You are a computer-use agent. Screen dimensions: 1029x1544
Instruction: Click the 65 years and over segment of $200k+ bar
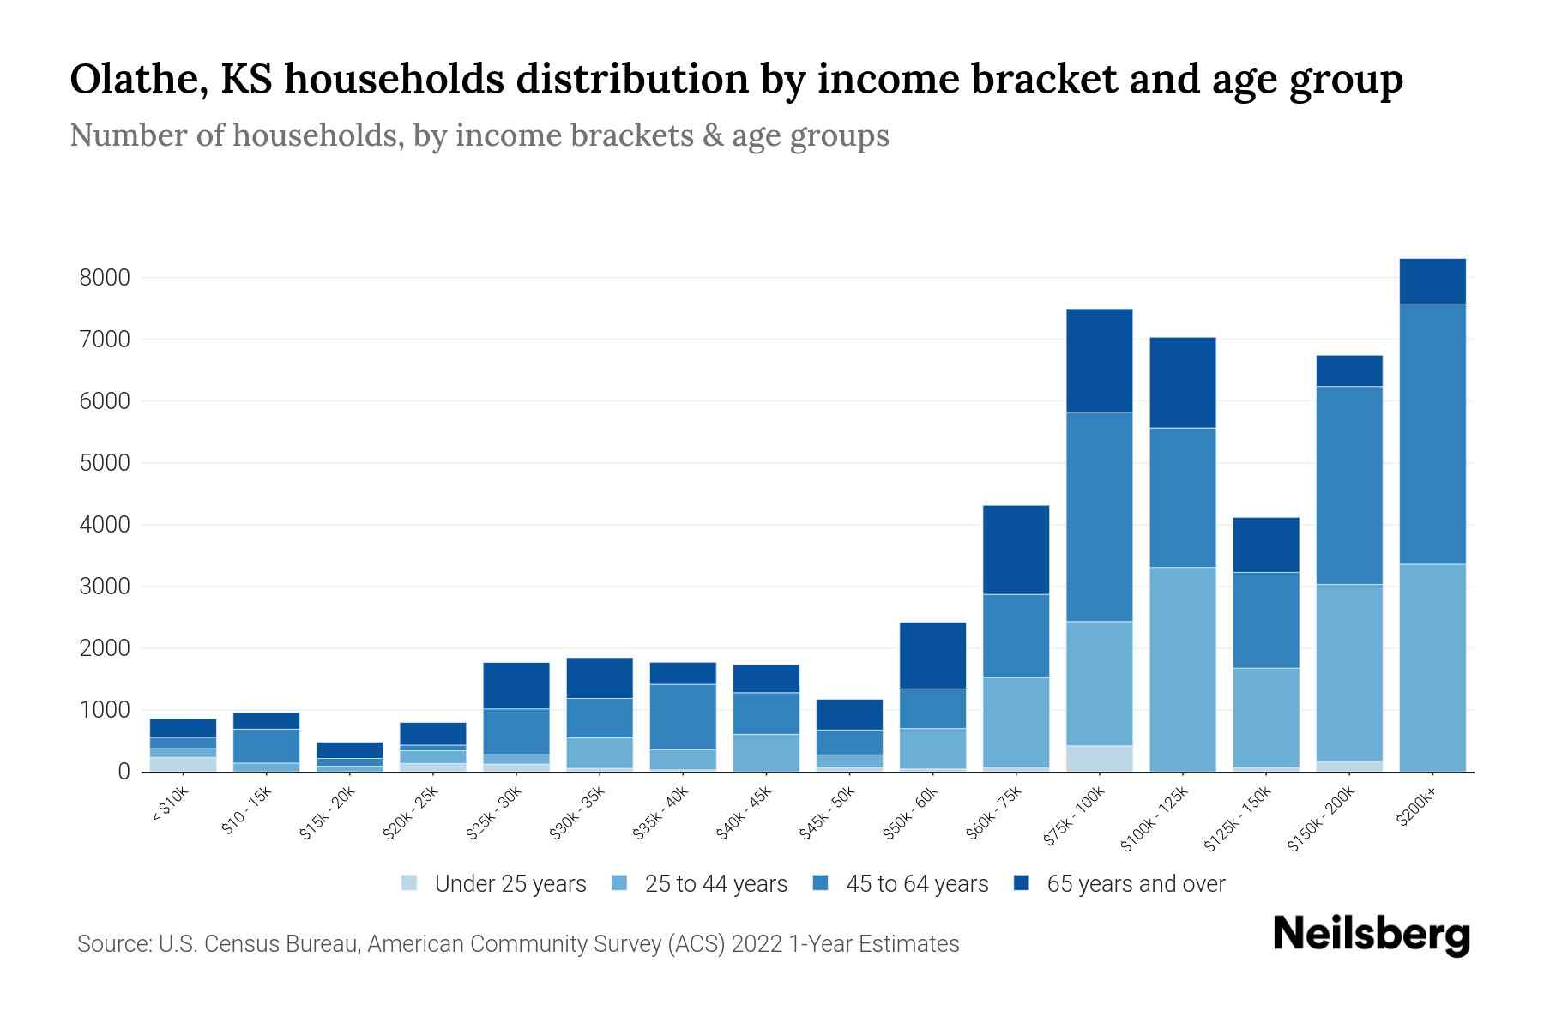click(1432, 281)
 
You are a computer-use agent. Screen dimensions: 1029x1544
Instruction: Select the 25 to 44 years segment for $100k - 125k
click(1182, 669)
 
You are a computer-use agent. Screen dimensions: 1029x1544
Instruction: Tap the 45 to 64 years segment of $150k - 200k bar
click(1349, 485)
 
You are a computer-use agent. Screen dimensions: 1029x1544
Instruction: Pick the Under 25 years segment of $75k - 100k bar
click(1099, 758)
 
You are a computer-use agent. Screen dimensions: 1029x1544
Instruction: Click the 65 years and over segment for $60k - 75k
click(1016, 550)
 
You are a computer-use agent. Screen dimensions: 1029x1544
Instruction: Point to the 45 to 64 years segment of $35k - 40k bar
click(683, 717)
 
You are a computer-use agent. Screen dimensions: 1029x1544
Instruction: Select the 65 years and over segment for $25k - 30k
click(516, 685)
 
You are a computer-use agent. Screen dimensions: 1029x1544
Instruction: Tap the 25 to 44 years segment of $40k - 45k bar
click(766, 753)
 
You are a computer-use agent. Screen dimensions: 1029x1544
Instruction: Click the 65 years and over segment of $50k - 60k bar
click(932, 655)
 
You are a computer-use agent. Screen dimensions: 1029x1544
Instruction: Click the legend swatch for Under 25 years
click(409, 882)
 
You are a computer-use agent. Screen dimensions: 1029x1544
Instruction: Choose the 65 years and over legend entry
click(1135, 884)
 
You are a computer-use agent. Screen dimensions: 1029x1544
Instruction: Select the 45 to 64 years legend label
click(917, 884)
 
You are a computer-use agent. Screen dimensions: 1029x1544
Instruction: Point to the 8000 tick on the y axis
click(105, 278)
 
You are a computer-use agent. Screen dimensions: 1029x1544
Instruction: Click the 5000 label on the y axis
click(105, 463)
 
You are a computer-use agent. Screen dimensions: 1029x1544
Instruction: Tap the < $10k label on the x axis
click(171, 805)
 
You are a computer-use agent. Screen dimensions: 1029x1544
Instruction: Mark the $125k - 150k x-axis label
click(1238, 820)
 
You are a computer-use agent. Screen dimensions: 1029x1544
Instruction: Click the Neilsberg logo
click(1371, 936)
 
